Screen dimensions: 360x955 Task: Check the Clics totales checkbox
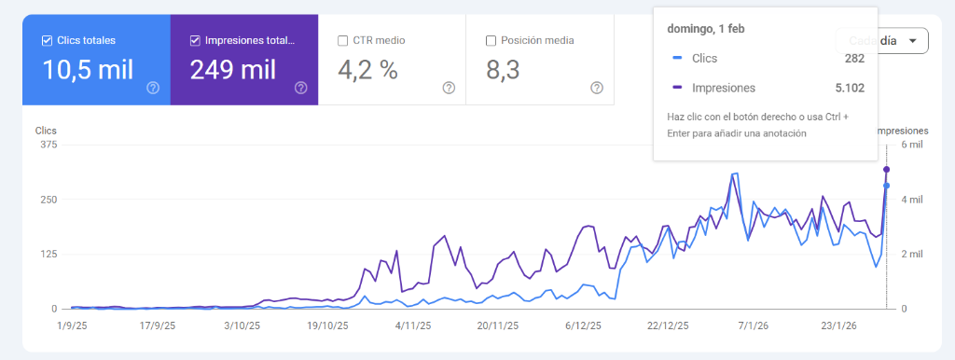pyautogui.click(x=48, y=40)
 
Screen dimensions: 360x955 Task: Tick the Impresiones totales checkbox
pyautogui.click(x=195, y=40)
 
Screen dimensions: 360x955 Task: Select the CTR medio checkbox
pyautogui.click(x=343, y=40)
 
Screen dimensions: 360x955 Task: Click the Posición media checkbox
pyautogui.click(x=491, y=40)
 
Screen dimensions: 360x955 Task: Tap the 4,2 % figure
pyautogui.click(x=368, y=69)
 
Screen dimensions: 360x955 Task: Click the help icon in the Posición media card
pyautogui.click(x=597, y=88)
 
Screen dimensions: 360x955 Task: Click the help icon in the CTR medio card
pyautogui.click(x=449, y=88)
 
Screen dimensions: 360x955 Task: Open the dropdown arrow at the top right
pyautogui.click(x=912, y=41)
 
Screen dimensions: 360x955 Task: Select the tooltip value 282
pyautogui.click(x=854, y=59)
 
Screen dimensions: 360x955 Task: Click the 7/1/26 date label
pyautogui.click(x=753, y=325)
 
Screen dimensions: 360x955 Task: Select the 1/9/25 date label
pyautogui.click(x=72, y=325)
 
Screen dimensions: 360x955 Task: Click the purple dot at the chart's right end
pyautogui.click(x=886, y=169)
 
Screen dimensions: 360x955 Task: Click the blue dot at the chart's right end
pyautogui.click(x=886, y=186)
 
